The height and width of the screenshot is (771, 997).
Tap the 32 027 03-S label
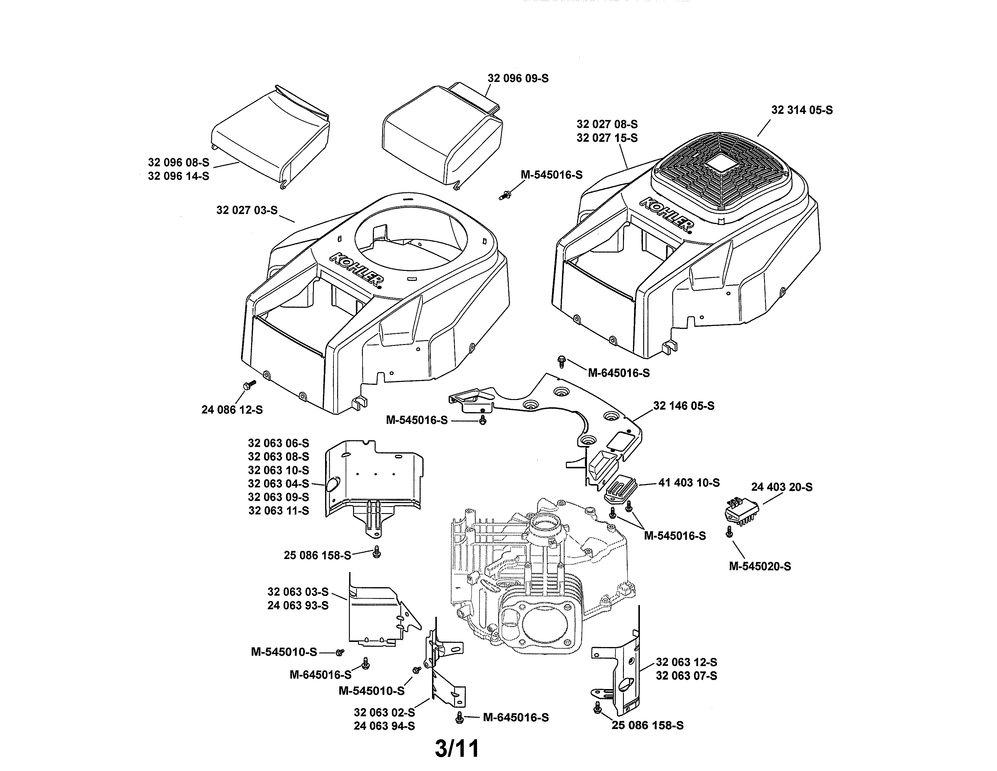(247, 210)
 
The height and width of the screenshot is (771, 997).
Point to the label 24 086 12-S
(232, 410)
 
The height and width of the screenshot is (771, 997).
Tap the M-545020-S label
(760, 566)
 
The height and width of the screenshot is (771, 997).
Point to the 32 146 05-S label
(683, 405)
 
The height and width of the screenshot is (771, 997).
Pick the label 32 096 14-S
(179, 176)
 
